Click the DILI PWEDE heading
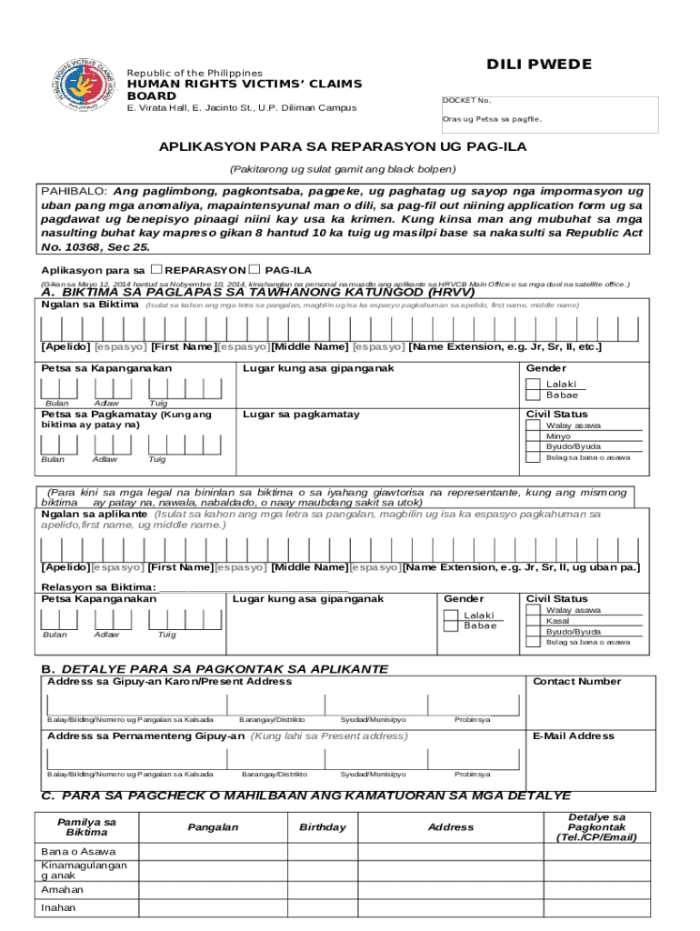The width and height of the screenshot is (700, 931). [x=539, y=65]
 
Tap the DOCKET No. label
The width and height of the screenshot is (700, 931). [x=466, y=100]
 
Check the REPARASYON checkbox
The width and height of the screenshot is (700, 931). [x=157, y=270]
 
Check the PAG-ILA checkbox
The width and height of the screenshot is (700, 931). [x=255, y=270]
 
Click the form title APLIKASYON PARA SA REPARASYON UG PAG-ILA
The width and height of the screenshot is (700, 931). [x=343, y=146]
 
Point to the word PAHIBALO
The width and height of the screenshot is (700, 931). [x=74, y=192]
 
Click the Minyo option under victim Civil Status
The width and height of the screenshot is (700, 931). [x=559, y=436]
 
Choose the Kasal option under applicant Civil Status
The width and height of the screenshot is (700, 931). [x=558, y=621]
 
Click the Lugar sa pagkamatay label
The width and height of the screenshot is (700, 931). [x=301, y=415]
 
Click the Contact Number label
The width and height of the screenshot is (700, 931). [x=576, y=681]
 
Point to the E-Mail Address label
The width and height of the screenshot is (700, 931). [x=573, y=736]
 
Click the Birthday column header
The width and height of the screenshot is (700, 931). [x=323, y=827]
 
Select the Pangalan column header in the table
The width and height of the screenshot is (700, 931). [x=213, y=827]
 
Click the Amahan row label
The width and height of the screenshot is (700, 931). [x=62, y=890]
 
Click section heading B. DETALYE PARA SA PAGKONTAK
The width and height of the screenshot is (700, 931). [x=215, y=669]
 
